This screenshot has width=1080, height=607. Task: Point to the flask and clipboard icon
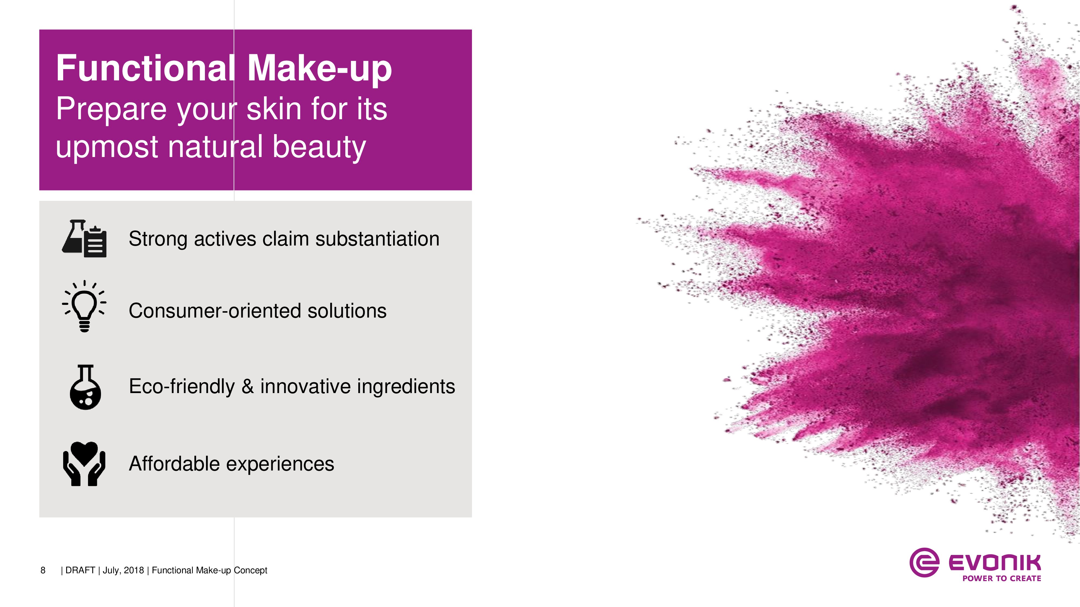pyautogui.click(x=84, y=238)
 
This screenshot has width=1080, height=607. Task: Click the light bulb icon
pyautogui.click(x=84, y=306)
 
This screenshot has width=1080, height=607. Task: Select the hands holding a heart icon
pyautogui.click(x=84, y=464)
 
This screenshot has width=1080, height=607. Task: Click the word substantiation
pyautogui.click(x=377, y=239)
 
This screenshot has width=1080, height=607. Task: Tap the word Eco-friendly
pyautogui.click(x=181, y=387)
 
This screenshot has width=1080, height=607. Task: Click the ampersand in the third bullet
pyautogui.click(x=248, y=386)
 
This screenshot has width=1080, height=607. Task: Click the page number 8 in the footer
pyautogui.click(x=43, y=570)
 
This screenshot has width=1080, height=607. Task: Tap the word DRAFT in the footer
pyautogui.click(x=80, y=570)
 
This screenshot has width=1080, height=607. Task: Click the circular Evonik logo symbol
pyautogui.click(x=924, y=562)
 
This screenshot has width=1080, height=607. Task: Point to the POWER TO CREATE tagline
pyautogui.click(x=1002, y=578)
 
